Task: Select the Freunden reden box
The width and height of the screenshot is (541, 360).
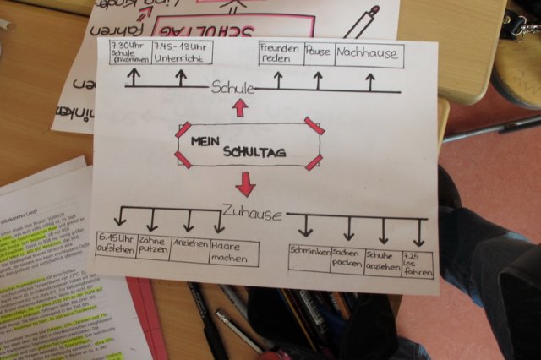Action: pos(280,55)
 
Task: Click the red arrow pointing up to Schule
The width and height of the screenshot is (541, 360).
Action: pos(240,107)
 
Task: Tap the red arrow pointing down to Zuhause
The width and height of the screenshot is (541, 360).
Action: pos(245,183)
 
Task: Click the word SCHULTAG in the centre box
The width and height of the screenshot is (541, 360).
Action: pos(254,152)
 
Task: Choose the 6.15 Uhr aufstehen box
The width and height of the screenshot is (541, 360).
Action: pos(115,247)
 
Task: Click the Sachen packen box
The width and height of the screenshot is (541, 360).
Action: pos(347,259)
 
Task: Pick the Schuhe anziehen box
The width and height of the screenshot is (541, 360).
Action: pos(383,262)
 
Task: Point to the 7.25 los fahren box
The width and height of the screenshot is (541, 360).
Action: pos(418,264)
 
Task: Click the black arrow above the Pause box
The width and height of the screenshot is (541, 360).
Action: pos(318,80)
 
